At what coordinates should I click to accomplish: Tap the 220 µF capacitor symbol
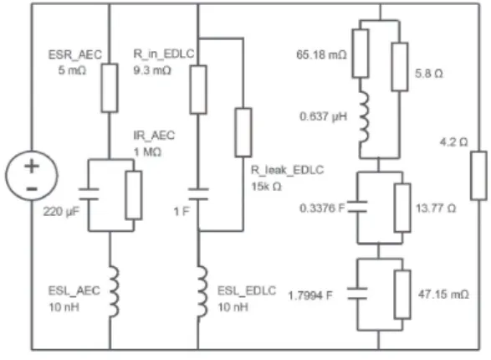[x=89, y=194]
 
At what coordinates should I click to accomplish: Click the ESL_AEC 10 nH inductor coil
[x=114, y=291]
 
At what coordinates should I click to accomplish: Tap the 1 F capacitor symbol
[x=198, y=194]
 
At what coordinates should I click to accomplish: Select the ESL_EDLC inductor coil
[x=202, y=291]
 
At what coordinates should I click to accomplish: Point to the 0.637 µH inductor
[x=364, y=117]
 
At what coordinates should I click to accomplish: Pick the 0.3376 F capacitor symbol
[x=358, y=207]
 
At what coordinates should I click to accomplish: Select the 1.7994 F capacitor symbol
[x=358, y=294]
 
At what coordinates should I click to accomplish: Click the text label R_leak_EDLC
[x=287, y=170]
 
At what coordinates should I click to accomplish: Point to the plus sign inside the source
[x=32, y=166]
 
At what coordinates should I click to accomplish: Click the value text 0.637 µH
[x=324, y=116]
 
